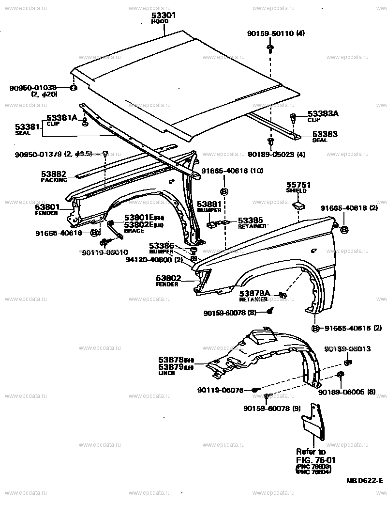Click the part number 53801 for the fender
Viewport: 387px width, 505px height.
coord(47,207)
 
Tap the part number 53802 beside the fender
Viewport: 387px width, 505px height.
coord(168,278)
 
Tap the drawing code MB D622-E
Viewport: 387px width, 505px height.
coord(364,481)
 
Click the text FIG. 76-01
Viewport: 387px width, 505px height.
coord(316,459)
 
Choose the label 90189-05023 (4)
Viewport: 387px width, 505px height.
coord(270,155)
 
